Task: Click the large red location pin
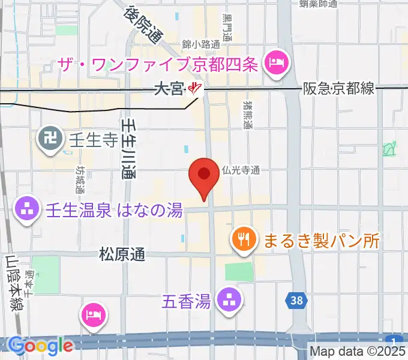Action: click(203, 176)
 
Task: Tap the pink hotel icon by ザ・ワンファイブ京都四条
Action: click(277, 61)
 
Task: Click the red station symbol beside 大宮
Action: click(194, 89)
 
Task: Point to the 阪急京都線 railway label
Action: click(340, 89)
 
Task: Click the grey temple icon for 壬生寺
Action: click(49, 140)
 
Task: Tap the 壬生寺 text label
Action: click(89, 141)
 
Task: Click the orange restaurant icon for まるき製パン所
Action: click(243, 240)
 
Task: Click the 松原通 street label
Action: click(122, 254)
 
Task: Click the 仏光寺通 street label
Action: click(240, 171)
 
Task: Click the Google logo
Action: click(40, 345)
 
